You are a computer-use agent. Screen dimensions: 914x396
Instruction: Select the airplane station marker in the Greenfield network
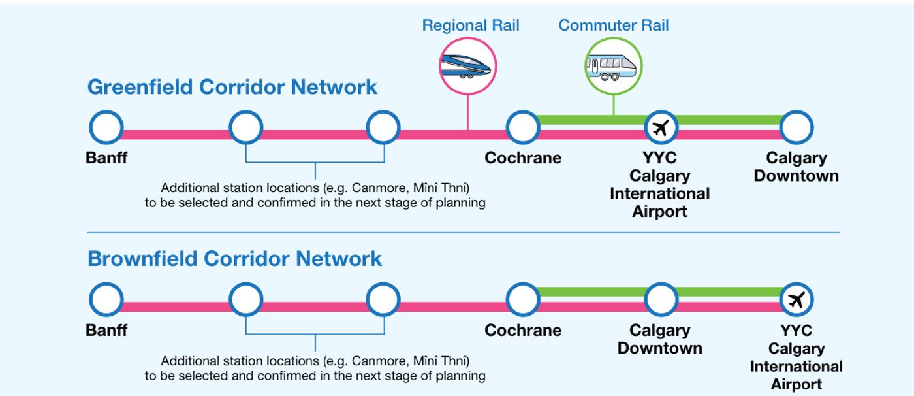pyautogui.click(x=661, y=127)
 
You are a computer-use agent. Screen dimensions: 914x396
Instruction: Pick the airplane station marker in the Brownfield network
pyautogui.click(x=796, y=300)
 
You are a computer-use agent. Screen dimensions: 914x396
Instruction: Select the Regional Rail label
pyautogui.click(x=471, y=25)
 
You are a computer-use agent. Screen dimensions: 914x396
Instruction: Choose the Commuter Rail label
pyautogui.click(x=613, y=25)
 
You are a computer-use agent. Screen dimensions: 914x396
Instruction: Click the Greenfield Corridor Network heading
pyautogui.click(x=232, y=87)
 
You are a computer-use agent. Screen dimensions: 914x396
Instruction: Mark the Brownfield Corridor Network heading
pyautogui.click(x=234, y=259)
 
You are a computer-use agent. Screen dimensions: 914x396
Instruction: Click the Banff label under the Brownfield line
pyautogui.click(x=106, y=330)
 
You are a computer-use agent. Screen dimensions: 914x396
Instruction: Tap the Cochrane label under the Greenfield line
pyautogui.click(x=523, y=158)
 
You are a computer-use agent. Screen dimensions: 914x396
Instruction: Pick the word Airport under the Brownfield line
pyautogui.click(x=796, y=385)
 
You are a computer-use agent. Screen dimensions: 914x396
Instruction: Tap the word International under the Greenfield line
pyautogui.click(x=660, y=194)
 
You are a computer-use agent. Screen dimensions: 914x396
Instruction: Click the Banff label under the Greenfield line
pyautogui.click(x=106, y=158)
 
